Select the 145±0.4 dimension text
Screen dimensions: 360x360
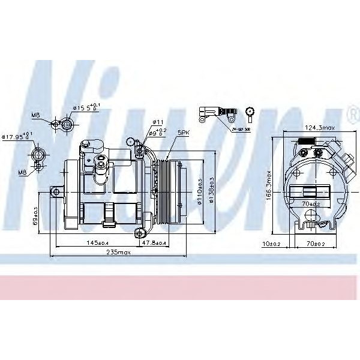point(97,242)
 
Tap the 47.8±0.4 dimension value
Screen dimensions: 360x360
point(154,242)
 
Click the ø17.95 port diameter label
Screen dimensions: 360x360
point(17,137)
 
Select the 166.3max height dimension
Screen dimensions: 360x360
point(271,185)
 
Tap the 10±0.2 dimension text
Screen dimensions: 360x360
point(272,244)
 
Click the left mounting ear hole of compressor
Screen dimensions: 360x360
point(55,192)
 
